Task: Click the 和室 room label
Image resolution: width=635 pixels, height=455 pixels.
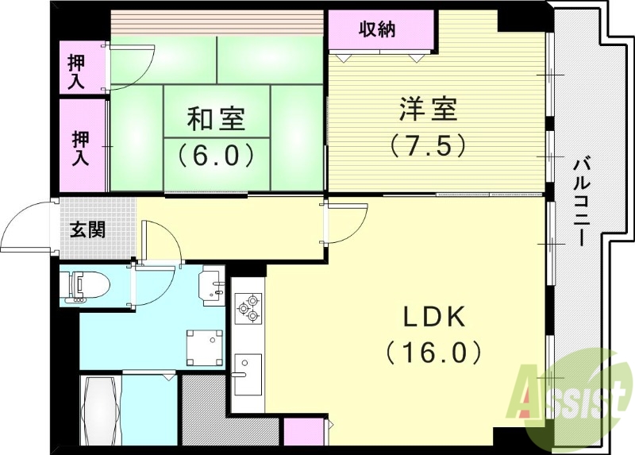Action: [217, 120]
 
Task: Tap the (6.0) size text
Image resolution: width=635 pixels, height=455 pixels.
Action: [216, 153]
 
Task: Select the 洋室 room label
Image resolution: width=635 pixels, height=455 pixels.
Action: [428, 109]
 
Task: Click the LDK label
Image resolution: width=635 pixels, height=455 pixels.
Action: [433, 317]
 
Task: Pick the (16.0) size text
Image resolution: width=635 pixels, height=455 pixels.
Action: [433, 350]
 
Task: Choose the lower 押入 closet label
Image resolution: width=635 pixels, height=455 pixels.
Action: [81, 148]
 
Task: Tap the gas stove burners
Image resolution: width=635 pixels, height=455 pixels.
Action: [248, 307]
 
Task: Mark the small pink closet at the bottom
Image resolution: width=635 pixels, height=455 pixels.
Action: [302, 434]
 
